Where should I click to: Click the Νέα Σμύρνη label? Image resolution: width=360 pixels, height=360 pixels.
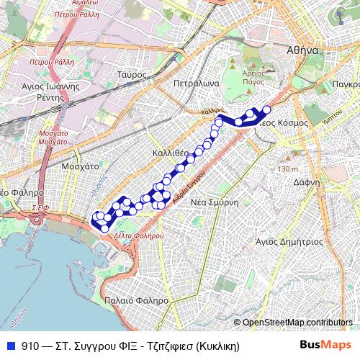click(214, 202)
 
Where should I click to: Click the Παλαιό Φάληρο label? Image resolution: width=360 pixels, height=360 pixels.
click(136, 300)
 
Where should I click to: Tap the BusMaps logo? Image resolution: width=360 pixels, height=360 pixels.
click(325, 345)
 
